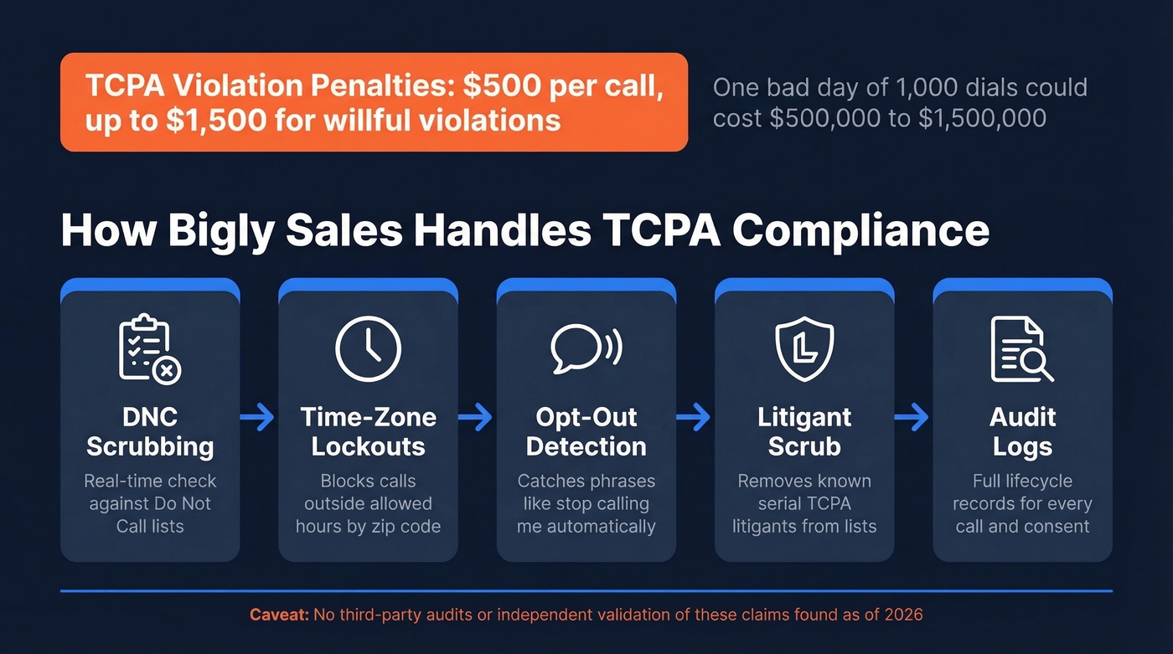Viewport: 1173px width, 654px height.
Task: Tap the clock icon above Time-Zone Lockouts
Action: (368, 349)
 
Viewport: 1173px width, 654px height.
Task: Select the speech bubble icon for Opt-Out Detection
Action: (586, 348)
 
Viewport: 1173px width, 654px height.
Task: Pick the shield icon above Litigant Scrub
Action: (804, 348)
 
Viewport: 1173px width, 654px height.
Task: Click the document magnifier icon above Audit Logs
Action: (1021, 349)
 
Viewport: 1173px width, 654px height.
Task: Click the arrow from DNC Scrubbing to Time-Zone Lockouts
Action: (257, 416)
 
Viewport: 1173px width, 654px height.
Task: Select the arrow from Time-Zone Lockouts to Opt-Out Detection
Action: (475, 416)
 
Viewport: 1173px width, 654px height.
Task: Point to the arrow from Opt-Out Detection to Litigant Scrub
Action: (694, 416)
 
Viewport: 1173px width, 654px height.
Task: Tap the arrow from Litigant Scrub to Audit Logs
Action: (912, 416)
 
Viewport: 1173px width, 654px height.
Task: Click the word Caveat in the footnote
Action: (279, 615)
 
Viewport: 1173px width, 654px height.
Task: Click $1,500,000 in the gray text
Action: (982, 118)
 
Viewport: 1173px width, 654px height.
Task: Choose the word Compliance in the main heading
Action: (860, 230)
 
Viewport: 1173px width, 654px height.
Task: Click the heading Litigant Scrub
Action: (804, 431)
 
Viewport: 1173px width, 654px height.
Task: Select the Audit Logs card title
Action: (1022, 431)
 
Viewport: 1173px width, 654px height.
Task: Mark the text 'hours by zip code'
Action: (368, 527)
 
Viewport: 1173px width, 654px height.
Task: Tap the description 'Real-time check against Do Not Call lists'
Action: (150, 503)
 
